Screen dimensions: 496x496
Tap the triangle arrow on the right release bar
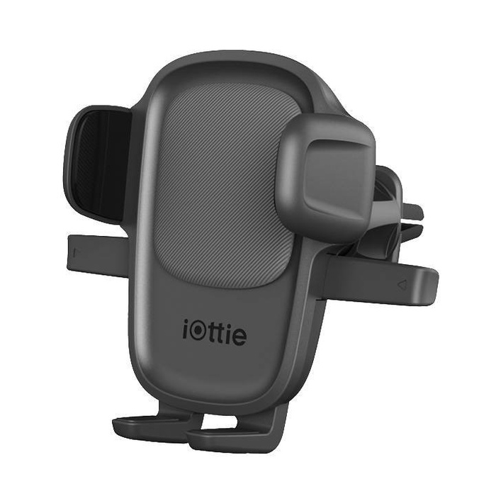click(x=401, y=285)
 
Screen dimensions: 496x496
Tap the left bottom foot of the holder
click(x=145, y=426)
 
